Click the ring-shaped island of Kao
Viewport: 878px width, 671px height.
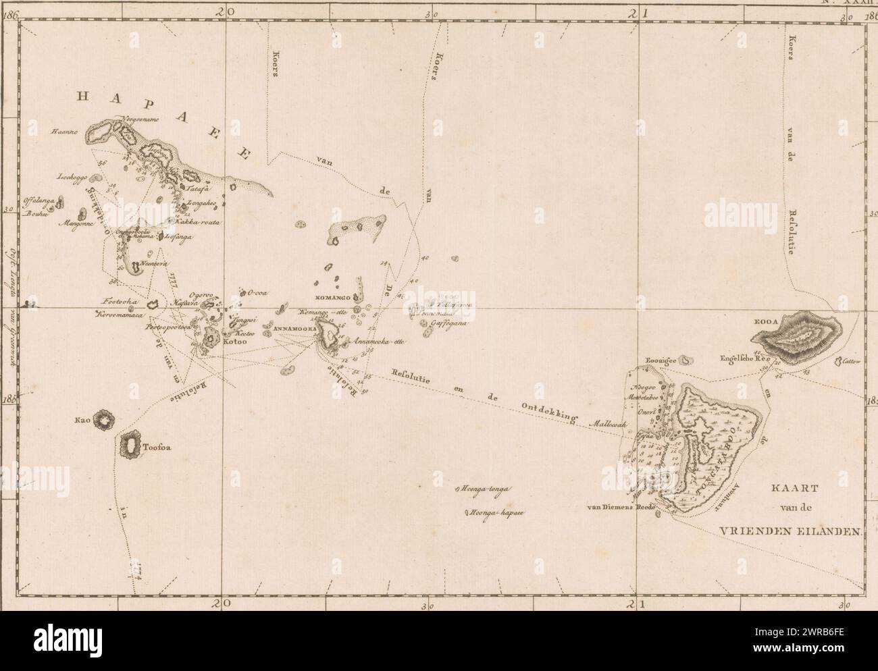tap(105, 421)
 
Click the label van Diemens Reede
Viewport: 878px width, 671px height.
tap(618, 507)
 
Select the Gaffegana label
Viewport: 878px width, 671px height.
tap(449, 323)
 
